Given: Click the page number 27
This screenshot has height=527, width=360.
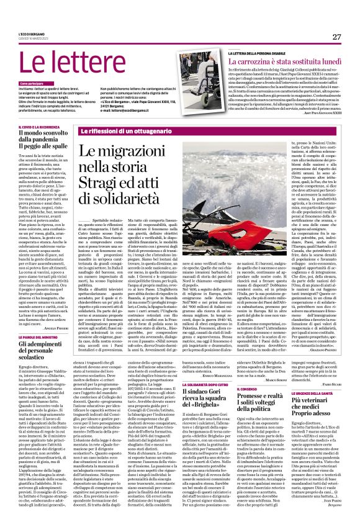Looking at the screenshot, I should [336, 37].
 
